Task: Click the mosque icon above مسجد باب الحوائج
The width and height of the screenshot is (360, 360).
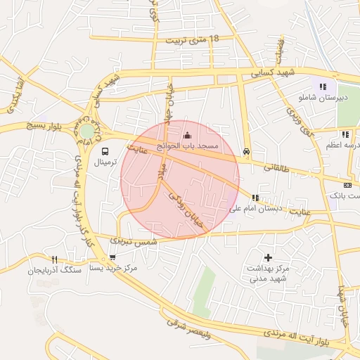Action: coord(186,135)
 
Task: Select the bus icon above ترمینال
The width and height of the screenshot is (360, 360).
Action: coord(105,151)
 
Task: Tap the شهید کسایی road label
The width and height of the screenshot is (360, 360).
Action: coord(275,73)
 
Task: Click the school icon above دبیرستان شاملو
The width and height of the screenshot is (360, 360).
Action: coord(323,86)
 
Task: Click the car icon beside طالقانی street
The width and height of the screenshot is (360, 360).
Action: coord(245,151)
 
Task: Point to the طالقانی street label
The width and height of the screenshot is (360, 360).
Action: coord(277,169)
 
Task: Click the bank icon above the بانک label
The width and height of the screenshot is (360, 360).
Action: coord(348,184)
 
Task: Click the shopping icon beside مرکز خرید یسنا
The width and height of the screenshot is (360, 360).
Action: coord(113,258)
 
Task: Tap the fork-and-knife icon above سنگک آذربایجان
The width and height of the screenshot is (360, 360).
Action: coord(54,259)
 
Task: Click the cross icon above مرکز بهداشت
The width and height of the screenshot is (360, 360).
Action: coord(268,258)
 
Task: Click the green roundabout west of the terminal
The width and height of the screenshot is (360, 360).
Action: coord(86,131)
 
